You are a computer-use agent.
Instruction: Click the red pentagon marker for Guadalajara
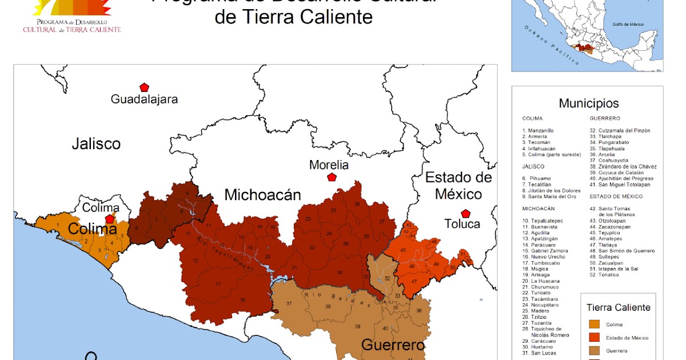pos(144,87)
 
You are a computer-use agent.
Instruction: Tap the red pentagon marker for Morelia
pos(332,177)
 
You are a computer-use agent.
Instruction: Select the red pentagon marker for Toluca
pos(465,214)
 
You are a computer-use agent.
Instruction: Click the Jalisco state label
pos(96,143)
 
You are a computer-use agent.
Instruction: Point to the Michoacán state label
pos(262,195)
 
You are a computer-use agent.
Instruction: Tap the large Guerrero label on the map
pos(393,345)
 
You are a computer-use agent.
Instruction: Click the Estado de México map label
pos(458,185)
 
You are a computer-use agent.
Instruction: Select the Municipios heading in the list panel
pos(589,103)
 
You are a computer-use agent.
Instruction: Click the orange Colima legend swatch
pos(594,325)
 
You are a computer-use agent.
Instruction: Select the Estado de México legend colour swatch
pos(594,338)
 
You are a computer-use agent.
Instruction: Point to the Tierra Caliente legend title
pos(618,307)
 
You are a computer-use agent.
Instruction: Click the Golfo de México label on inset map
pos(628,25)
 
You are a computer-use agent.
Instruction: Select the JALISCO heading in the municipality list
pos(532,166)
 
